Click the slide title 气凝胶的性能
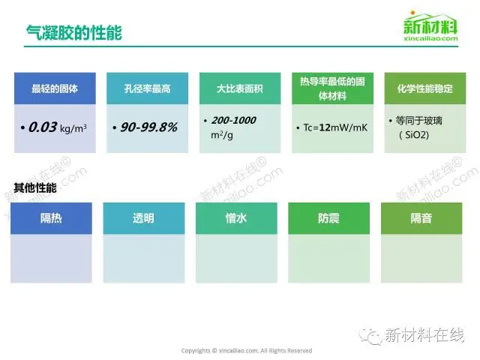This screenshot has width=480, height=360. pos(73,32)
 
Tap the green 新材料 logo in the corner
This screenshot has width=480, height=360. pos(430,26)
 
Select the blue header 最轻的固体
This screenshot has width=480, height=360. pos(55,88)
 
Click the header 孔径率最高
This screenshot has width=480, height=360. pos(147,88)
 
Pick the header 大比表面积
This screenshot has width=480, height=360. pos(240,88)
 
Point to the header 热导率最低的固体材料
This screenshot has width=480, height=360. pos(332,88)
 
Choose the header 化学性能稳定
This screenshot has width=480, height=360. pos(425,88)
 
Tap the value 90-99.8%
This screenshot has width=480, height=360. pos(148,127)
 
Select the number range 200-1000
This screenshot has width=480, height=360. pos(233,120)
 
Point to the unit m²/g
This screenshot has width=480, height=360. pos(222,135)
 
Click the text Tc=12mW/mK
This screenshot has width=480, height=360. pos(335,127)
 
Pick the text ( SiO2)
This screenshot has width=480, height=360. pos(414,135)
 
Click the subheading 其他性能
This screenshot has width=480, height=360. pos(35,187)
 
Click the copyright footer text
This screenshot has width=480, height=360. pos(247,351)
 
